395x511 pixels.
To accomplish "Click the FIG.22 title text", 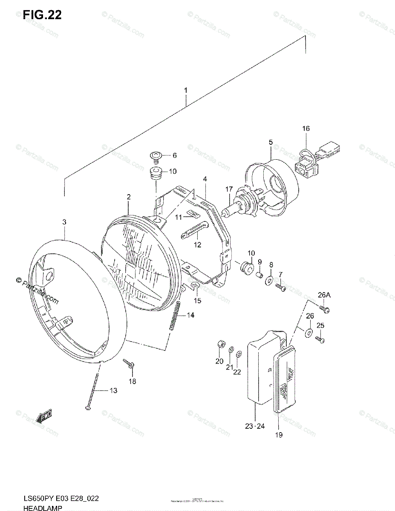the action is tap(43, 16).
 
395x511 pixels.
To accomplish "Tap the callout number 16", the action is tap(306, 129).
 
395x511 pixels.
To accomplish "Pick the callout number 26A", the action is tap(324, 295).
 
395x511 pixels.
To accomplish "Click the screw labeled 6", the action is tap(156, 157).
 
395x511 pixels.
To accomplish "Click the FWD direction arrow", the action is tap(44, 416).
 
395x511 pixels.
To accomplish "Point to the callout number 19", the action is tap(279, 435).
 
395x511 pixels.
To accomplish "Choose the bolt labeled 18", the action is tap(129, 363).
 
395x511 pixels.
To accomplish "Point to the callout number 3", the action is tap(64, 222).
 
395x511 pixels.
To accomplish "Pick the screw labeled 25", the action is tap(320, 340).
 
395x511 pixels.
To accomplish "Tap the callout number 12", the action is tap(197, 245).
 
